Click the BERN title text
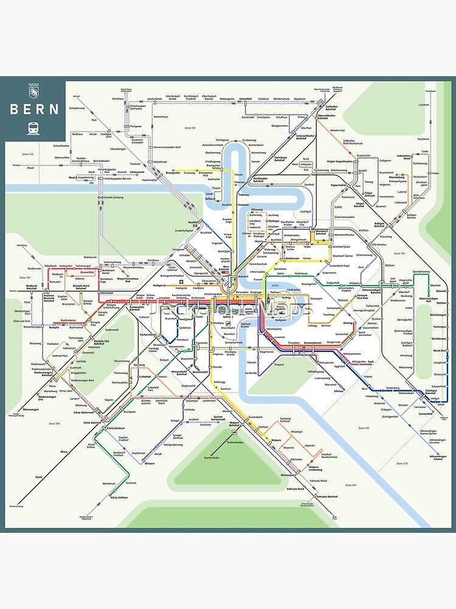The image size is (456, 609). coord(34,110)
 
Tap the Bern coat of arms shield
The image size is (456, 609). coord(33,92)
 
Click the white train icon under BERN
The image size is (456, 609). coord(33,128)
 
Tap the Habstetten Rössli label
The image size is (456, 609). coord(421,156)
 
